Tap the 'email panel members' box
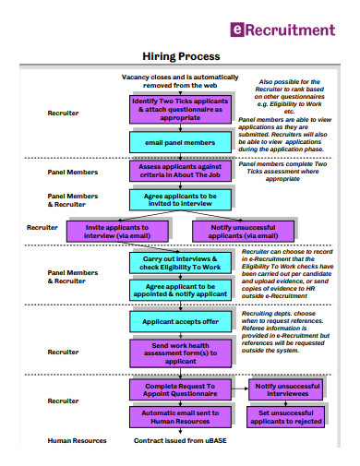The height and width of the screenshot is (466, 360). point(180,143)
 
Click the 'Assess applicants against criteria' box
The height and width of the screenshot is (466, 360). point(180,172)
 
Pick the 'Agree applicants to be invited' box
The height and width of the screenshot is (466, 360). point(180,200)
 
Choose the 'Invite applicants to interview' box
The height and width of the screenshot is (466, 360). point(116,231)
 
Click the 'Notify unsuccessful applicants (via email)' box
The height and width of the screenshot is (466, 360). point(243,231)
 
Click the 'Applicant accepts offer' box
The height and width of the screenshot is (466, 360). point(180,321)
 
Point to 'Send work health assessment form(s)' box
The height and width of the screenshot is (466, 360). point(180,352)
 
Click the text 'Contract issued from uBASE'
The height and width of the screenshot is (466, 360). point(180,441)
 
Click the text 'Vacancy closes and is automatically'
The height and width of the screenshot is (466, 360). point(180,77)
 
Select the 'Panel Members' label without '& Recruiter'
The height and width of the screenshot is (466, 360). point(70,172)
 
